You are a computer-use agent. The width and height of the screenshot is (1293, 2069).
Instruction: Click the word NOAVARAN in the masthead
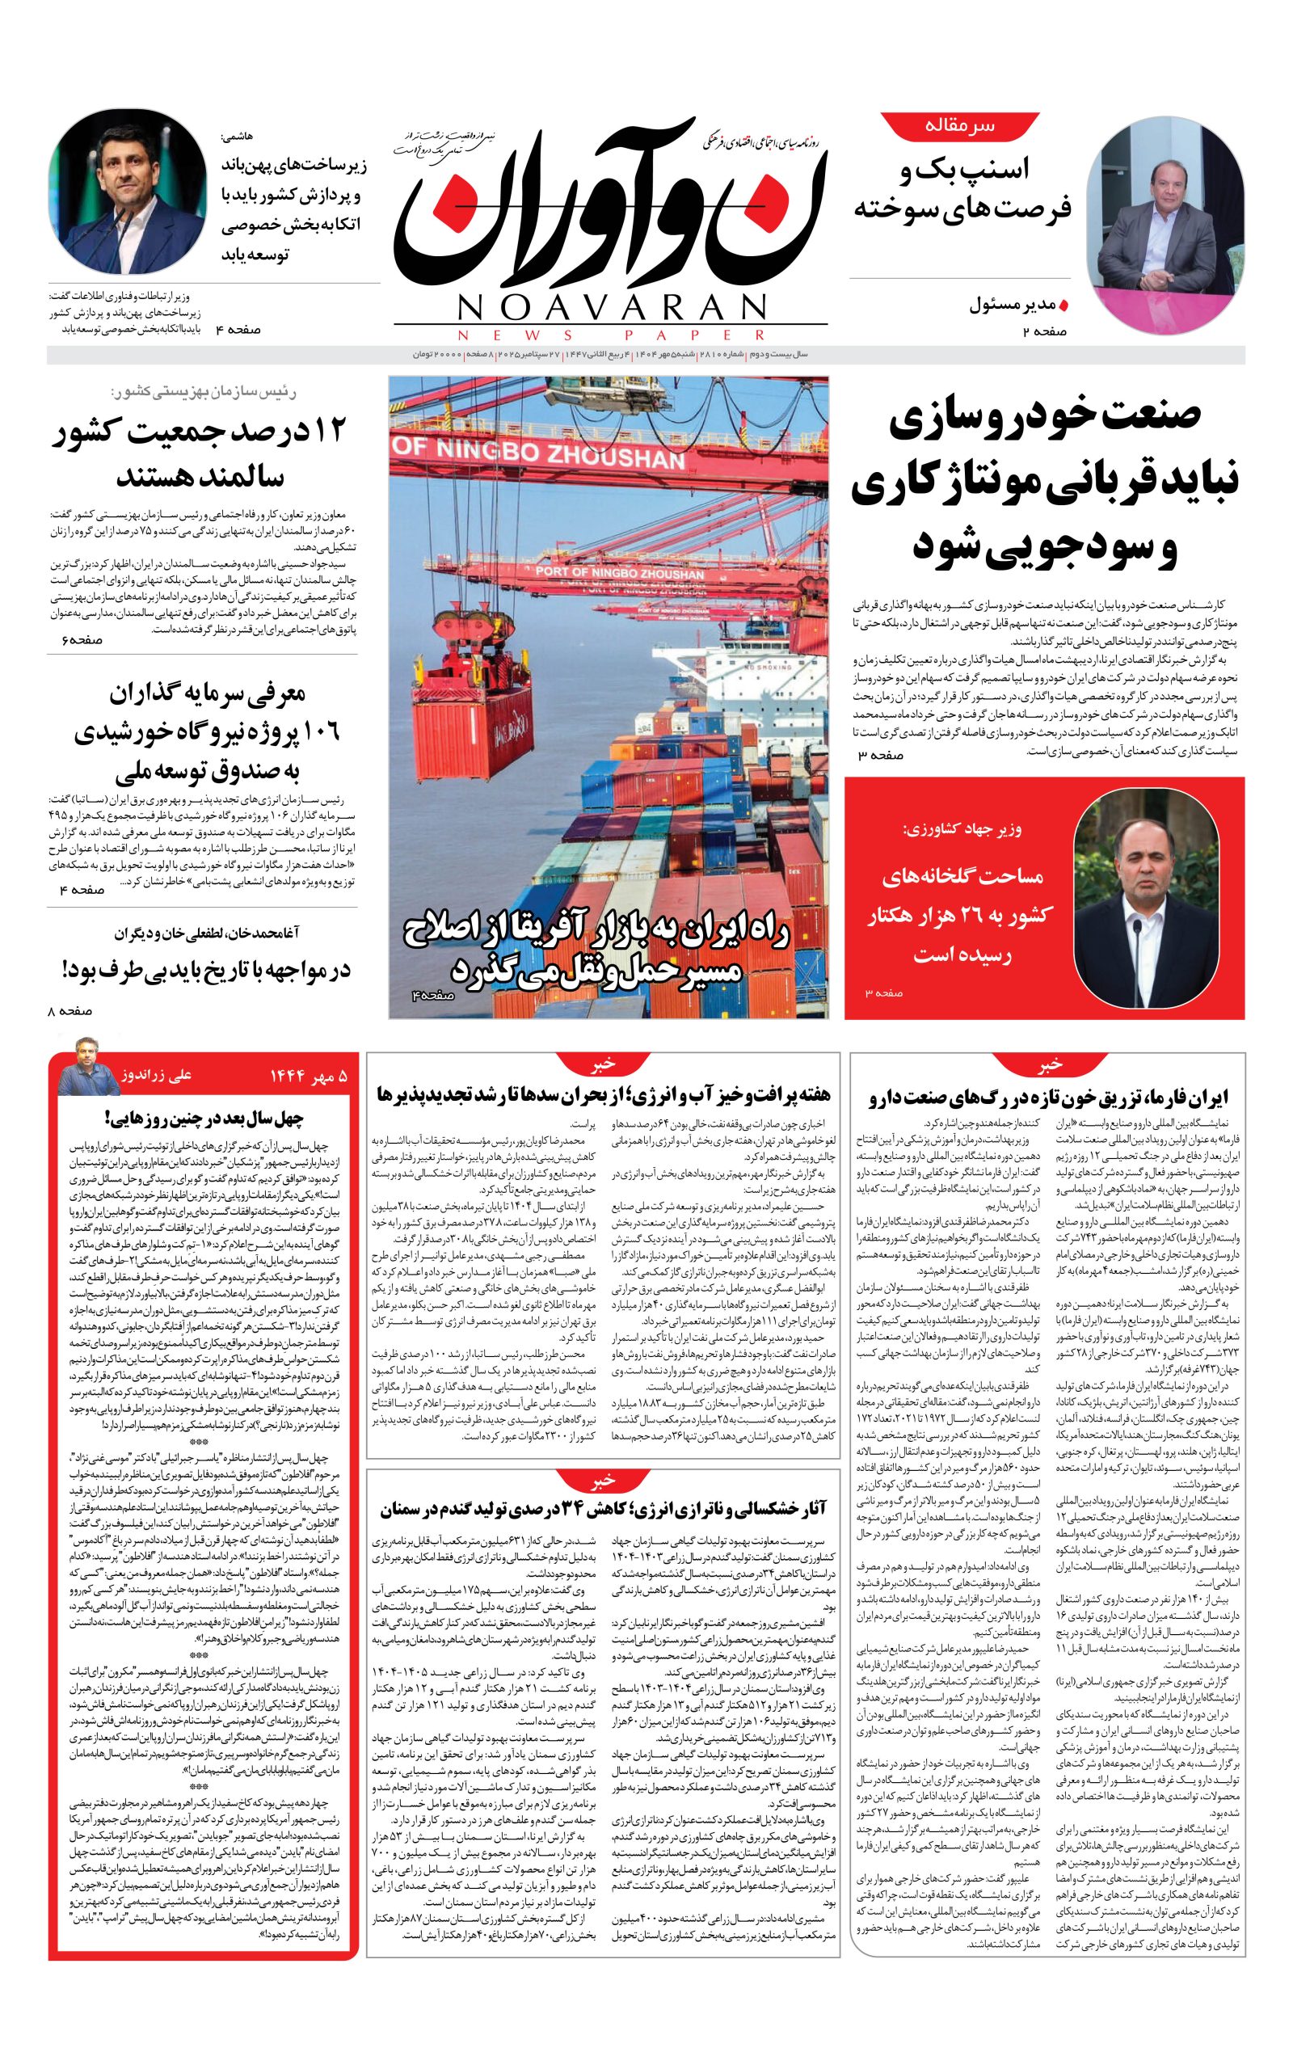611,306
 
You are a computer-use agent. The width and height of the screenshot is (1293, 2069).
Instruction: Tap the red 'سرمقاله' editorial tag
959,126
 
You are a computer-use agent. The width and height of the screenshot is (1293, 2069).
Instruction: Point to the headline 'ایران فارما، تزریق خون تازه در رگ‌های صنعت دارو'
1048,1098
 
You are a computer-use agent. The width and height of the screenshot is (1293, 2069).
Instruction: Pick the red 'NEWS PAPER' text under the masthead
611,335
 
